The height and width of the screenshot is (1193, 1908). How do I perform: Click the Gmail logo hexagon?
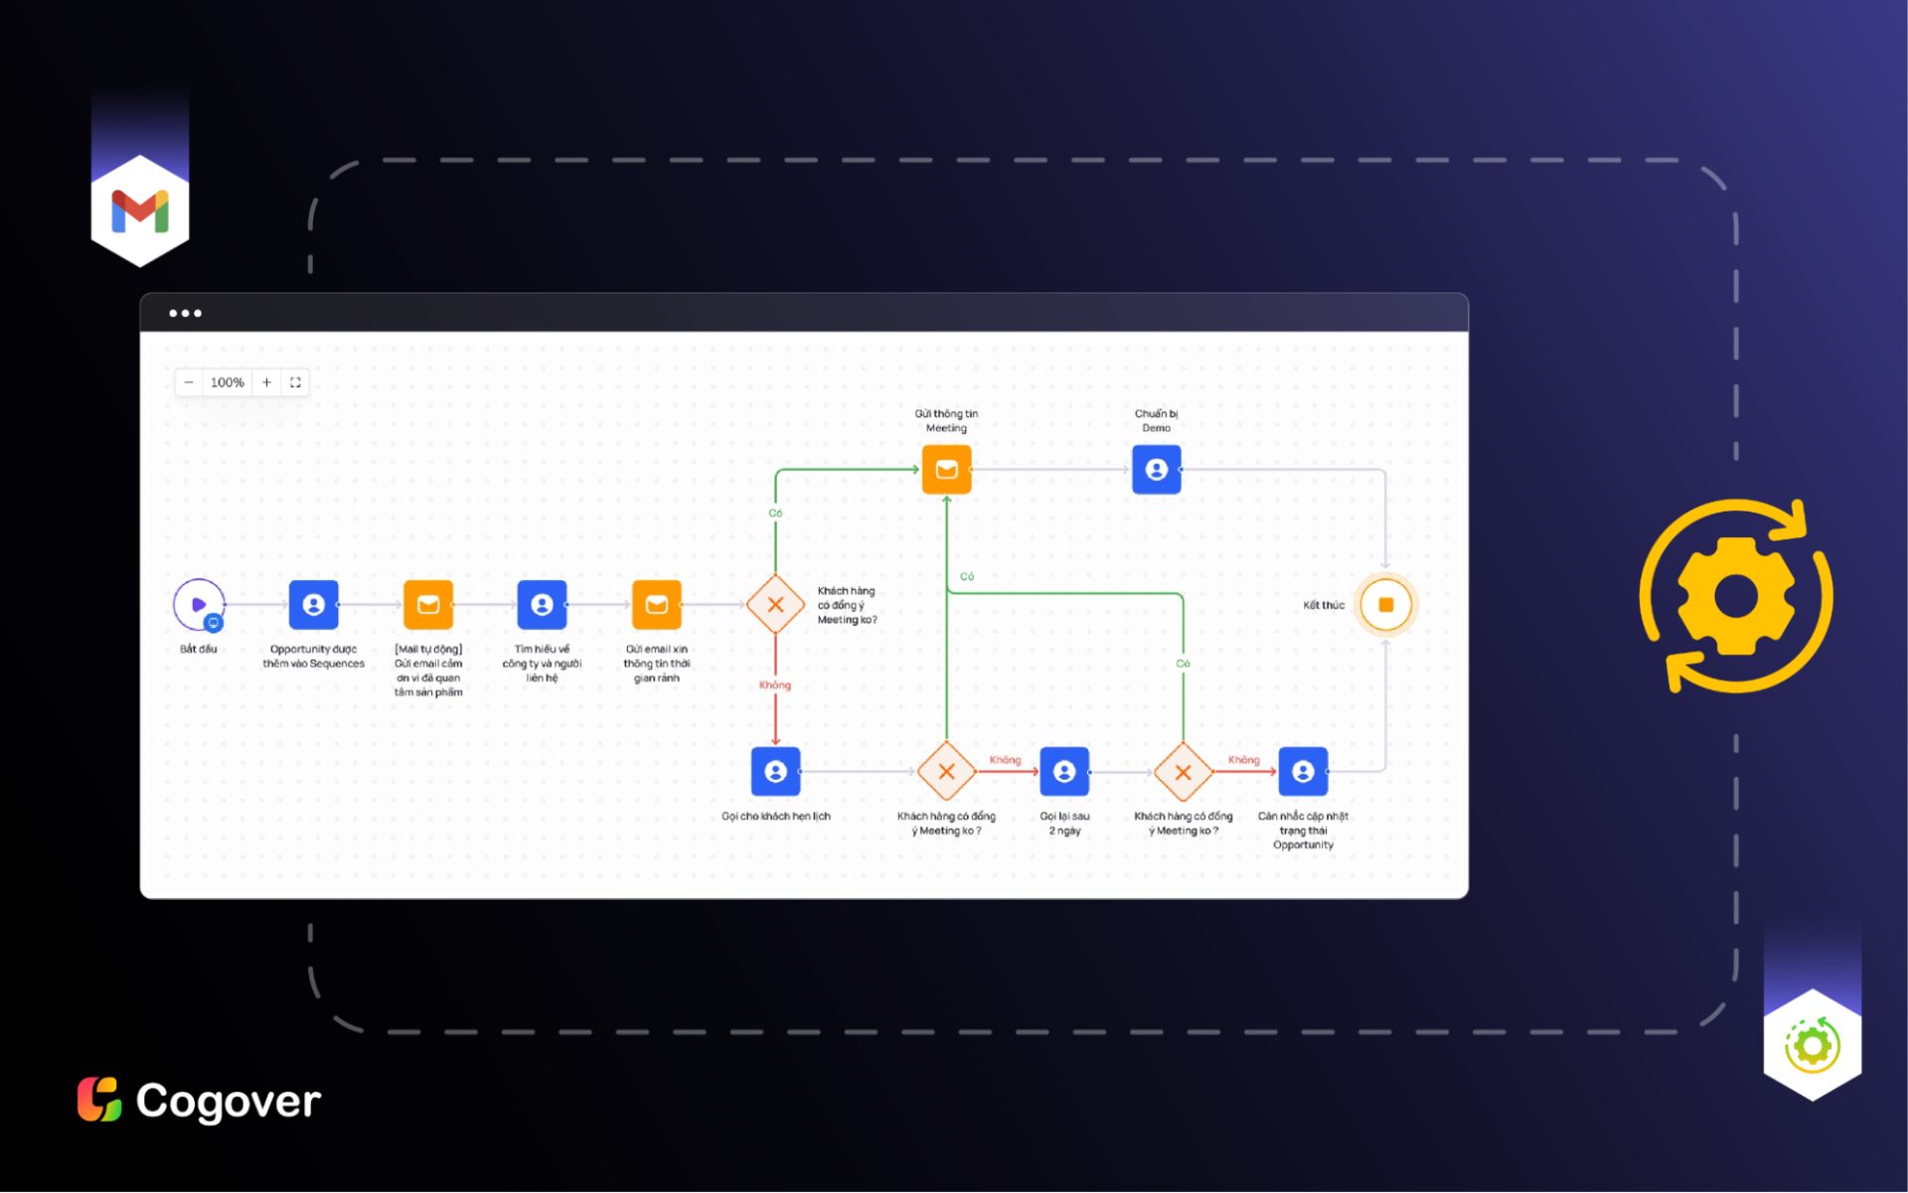coord(140,211)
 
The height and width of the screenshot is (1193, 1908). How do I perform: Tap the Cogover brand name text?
coord(228,1101)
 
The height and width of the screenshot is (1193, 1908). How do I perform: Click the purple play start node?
coord(199,604)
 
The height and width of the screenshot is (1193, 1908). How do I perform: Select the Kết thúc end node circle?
coord(1385,605)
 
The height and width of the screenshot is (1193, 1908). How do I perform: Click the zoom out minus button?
coord(189,382)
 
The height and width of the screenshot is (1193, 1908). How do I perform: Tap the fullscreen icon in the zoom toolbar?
coord(295,382)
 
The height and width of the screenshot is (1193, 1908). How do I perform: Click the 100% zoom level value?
coord(228,382)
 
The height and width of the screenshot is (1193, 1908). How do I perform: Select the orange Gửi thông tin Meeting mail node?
coord(946,470)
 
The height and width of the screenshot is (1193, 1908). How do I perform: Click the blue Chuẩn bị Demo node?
coord(1157,470)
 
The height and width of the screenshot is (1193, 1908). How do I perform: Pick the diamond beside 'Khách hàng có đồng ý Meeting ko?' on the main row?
coord(775,604)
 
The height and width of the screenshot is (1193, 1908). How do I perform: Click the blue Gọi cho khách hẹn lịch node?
coord(775,772)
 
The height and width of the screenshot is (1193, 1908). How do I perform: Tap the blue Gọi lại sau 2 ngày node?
coord(1064,772)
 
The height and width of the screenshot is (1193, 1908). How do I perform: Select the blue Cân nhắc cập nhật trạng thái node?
coord(1303,772)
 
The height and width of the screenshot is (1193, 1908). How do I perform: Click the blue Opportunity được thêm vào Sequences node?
coord(313,604)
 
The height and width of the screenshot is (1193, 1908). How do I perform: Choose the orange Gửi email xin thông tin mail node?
coord(657,604)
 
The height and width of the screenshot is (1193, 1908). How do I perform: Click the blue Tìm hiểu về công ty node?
coord(542,604)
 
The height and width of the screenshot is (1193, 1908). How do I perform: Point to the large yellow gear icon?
coord(1736,596)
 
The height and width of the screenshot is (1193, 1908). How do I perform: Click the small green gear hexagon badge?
coord(1812,1045)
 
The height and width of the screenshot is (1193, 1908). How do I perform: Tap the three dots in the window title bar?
coord(185,313)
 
